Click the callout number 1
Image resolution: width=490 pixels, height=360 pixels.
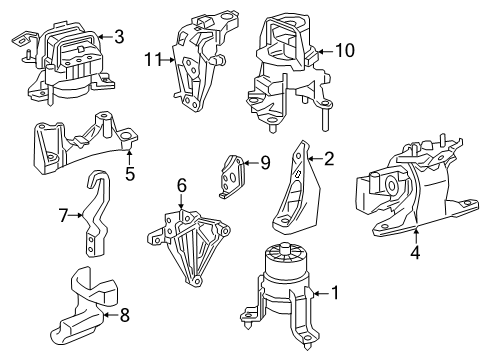336,294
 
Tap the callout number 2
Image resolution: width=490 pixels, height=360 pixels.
328,157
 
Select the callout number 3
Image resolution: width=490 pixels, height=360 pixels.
118,38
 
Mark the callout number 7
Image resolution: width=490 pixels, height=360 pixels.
62,214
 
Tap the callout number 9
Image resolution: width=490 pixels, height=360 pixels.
265,161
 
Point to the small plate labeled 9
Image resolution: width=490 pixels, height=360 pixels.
234,176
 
